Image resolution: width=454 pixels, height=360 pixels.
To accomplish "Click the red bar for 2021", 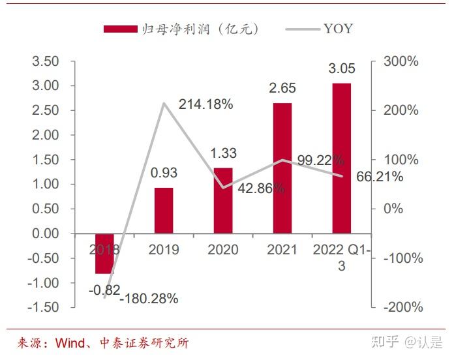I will tap(282, 168).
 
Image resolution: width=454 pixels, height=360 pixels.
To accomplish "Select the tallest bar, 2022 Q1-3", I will tap(341, 158).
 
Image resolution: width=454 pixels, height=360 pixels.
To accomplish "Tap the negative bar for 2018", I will tap(104, 254).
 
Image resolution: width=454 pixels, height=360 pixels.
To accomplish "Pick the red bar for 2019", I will tap(164, 210).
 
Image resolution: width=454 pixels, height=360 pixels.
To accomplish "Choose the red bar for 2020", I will tap(223, 200).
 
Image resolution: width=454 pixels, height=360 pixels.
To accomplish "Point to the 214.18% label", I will tap(205, 104).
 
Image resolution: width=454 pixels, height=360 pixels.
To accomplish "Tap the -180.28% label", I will tap(149, 299).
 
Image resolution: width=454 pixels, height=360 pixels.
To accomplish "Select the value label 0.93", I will tap(164, 173).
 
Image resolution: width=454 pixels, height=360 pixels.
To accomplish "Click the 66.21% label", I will tap(380, 177).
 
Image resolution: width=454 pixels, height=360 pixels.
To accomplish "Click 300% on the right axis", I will tap(401, 61).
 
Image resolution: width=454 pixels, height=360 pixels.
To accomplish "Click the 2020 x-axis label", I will tap(223, 250).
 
